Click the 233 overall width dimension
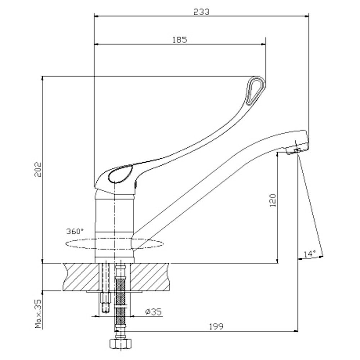point(201,12)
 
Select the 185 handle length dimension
point(180,40)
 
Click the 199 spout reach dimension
point(216,326)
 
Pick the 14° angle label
point(310,254)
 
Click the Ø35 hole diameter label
point(153,311)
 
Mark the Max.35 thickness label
point(38,314)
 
